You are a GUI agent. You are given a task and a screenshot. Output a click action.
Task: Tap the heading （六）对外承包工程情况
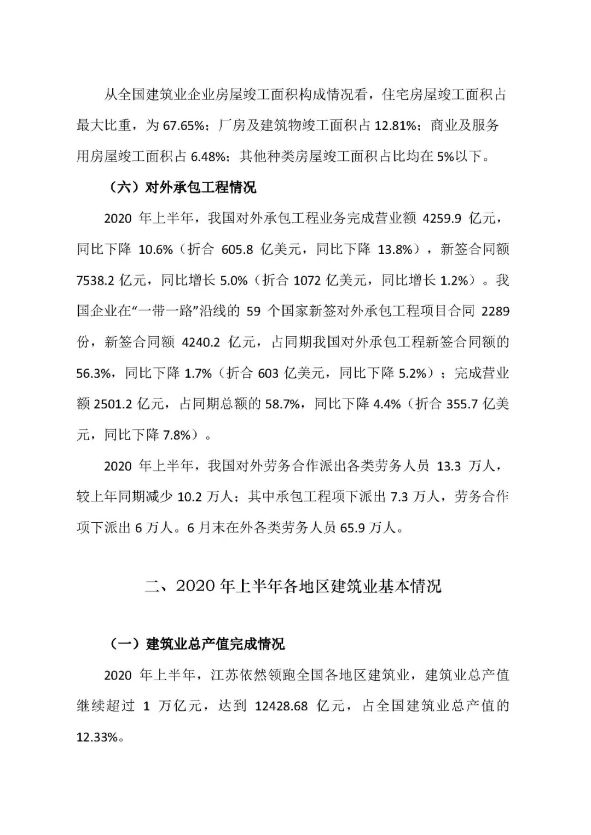(180, 188)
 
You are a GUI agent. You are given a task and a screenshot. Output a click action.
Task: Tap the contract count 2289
(495, 312)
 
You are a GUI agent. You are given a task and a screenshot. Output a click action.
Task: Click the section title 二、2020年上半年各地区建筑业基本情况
(293, 586)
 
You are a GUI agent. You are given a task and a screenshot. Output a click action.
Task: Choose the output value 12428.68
(281, 706)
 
